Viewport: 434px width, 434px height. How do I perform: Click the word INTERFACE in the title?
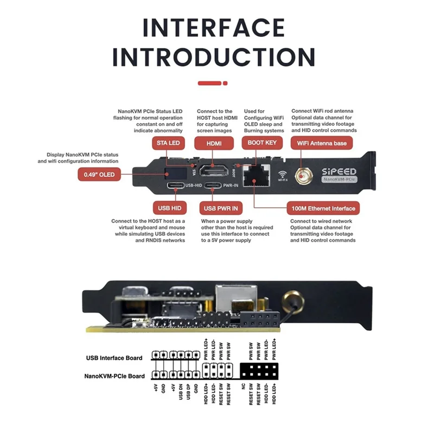(214, 28)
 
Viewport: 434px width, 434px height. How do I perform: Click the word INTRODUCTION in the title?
(214, 56)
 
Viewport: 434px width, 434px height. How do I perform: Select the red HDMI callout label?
(215, 143)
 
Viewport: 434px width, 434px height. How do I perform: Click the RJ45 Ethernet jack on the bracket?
(256, 175)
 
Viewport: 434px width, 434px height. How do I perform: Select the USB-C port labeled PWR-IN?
(214, 186)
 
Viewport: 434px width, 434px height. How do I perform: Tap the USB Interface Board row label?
(114, 358)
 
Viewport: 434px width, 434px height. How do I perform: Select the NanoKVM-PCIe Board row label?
(114, 375)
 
